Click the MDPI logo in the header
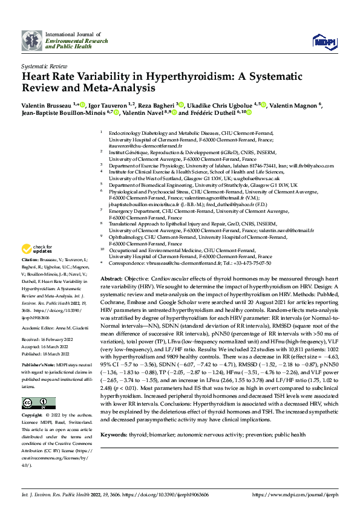pos(321,40)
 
